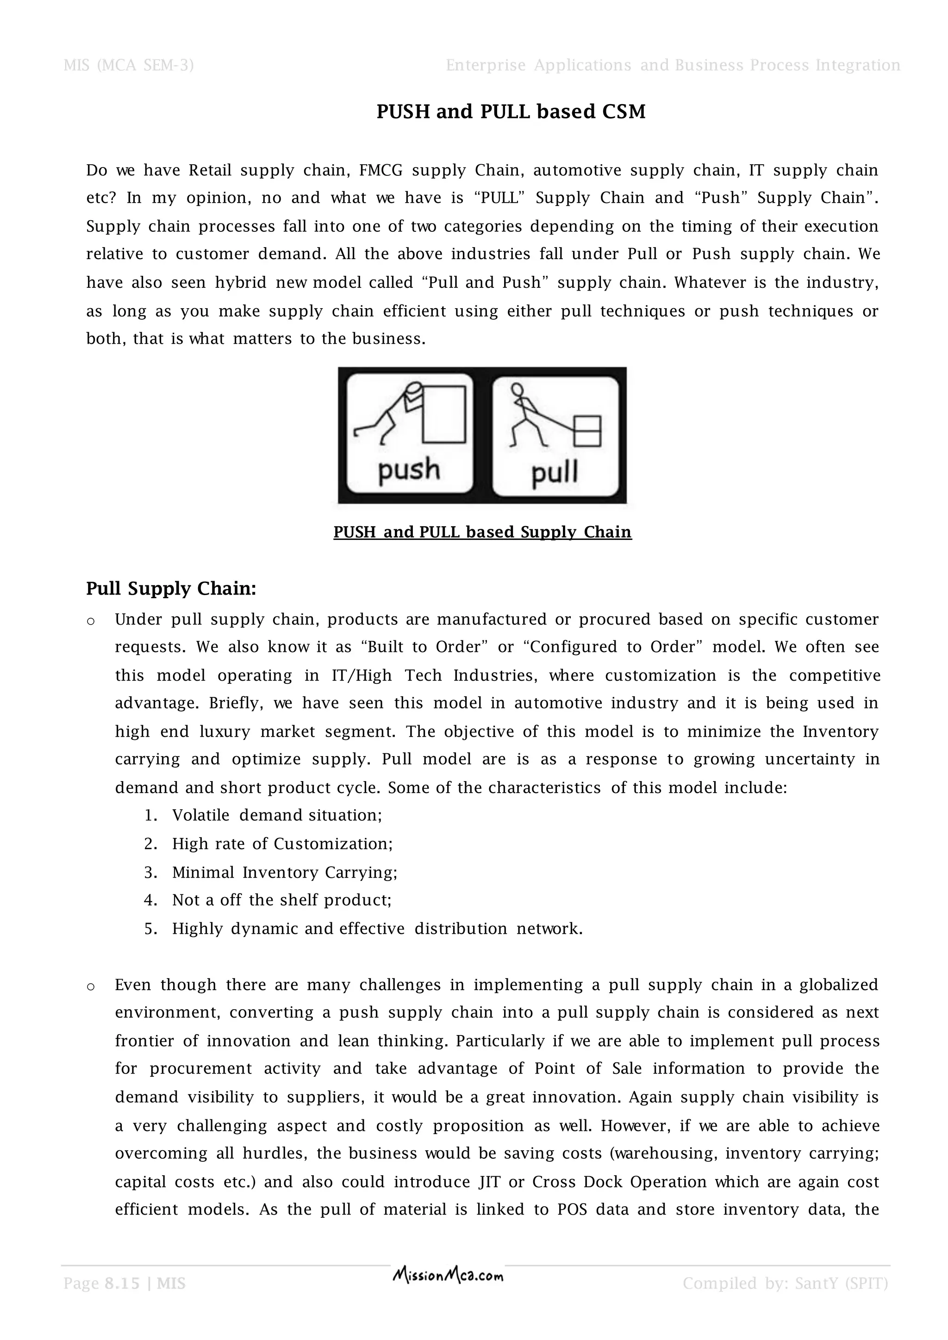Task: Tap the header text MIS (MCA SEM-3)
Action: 128,65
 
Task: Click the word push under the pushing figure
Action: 409,470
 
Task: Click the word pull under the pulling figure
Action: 555,471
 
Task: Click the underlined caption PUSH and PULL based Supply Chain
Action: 482,532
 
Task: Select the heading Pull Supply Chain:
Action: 171,588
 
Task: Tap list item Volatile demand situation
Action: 277,815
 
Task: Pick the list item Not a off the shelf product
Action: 281,900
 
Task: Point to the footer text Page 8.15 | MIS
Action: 125,1284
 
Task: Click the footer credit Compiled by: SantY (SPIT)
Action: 785,1284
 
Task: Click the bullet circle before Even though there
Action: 90,987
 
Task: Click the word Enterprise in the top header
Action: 486,65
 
